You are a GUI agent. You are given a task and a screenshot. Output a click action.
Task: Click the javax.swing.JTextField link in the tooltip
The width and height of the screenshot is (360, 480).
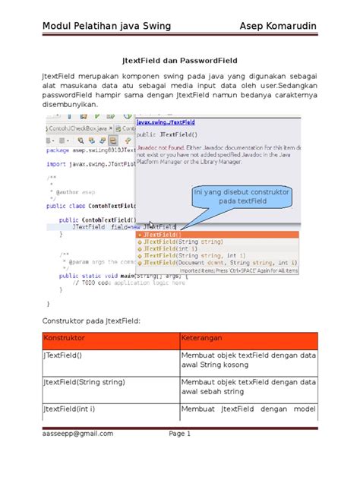[x=166, y=122]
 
